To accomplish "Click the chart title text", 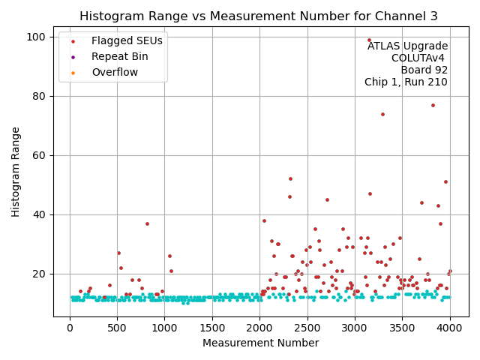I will (259, 16).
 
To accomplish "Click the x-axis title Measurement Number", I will (260, 343).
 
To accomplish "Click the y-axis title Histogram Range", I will (16, 172).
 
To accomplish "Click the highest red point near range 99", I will (369, 40).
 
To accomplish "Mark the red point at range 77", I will (433, 105).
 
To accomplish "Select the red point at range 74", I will (382, 114).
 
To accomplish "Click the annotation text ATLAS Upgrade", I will (407, 46).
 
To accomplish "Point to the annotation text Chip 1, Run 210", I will (406, 82).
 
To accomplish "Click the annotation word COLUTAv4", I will (418, 58).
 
